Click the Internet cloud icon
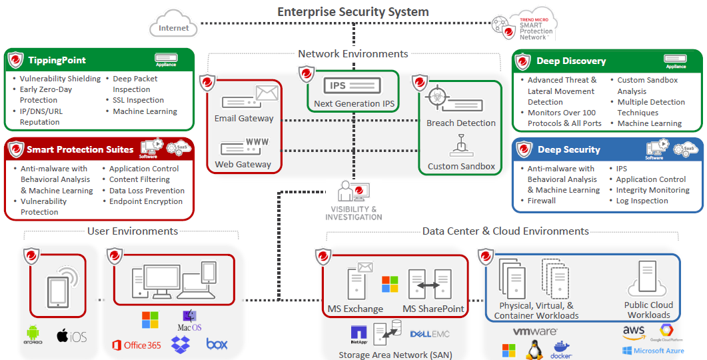point(173,27)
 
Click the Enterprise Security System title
point(353,11)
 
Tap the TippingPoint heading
point(57,60)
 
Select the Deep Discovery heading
point(571,61)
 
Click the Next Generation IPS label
point(354,103)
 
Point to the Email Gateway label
point(244,118)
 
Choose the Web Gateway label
point(243,164)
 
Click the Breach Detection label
point(461,123)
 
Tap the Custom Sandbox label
point(461,166)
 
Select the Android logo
point(33,334)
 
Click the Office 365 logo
point(137,345)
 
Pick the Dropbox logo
point(181,344)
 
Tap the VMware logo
point(535,331)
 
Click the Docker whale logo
point(562,349)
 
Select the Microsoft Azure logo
point(653,351)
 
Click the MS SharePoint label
point(433,309)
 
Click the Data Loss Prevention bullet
point(147,190)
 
